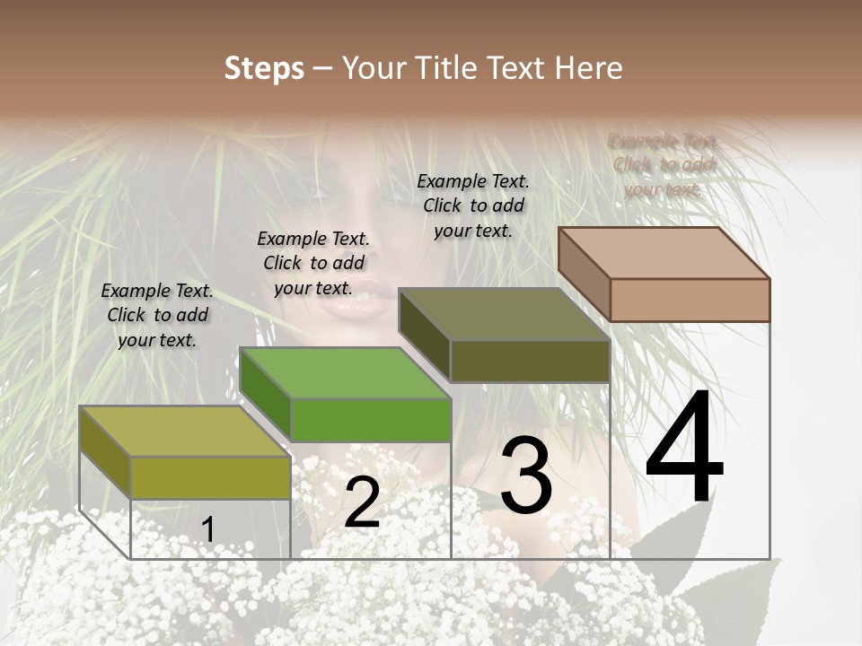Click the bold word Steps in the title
(263, 68)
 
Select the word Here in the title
(588, 68)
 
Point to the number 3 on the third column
(526, 476)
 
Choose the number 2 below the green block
(362, 502)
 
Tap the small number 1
(207, 529)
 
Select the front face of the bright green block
(371, 420)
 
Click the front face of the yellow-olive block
(211, 477)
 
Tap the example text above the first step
(157, 315)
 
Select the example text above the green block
(313, 263)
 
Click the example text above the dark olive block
(473, 205)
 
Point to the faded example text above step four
(664, 165)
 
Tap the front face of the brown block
(690, 300)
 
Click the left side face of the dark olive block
(425, 334)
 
